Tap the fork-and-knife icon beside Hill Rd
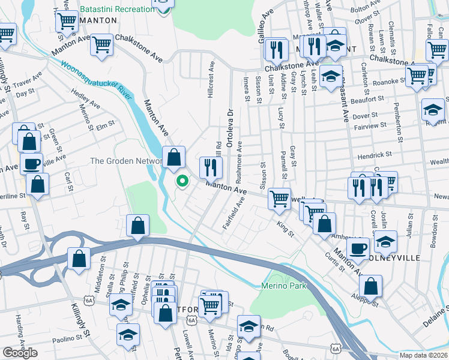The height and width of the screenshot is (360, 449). [x=209, y=167]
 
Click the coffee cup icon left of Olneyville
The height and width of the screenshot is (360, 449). [x=358, y=248]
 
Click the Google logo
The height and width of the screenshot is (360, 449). [x=20, y=353]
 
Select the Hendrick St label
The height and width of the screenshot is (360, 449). [x=375, y=154]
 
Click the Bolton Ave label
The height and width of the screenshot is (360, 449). [x=367, y=9]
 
